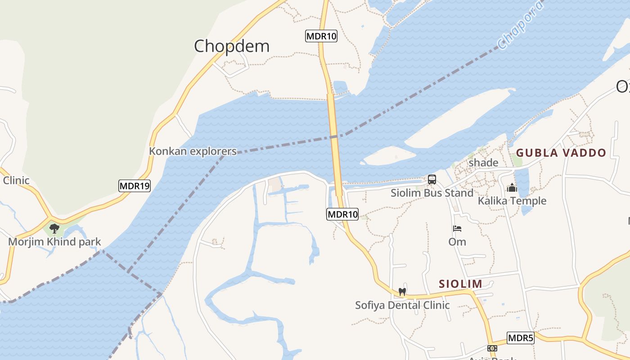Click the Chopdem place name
pos(232,46)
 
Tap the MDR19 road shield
pos(135,185)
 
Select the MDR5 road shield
pos(521,338)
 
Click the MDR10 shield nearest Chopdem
pos(321,36)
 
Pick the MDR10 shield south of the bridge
pos(342,214)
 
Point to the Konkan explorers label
pos(193,151)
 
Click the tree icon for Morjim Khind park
pos(54,229)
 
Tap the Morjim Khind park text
pos(54,242)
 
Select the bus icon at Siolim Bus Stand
pos(432,180)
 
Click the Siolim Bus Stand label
pos(432,193)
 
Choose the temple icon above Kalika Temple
pos(512,188)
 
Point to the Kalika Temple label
pos(512,201)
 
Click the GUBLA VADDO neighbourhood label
pos(561,153)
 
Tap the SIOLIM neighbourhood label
pos(460,284)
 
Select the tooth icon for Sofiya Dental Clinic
pos(402,292)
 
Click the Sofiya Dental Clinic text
pos(402,305)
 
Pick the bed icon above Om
pos(457,229)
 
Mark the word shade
pos(483,162)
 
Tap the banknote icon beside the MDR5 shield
pos(492,348)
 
